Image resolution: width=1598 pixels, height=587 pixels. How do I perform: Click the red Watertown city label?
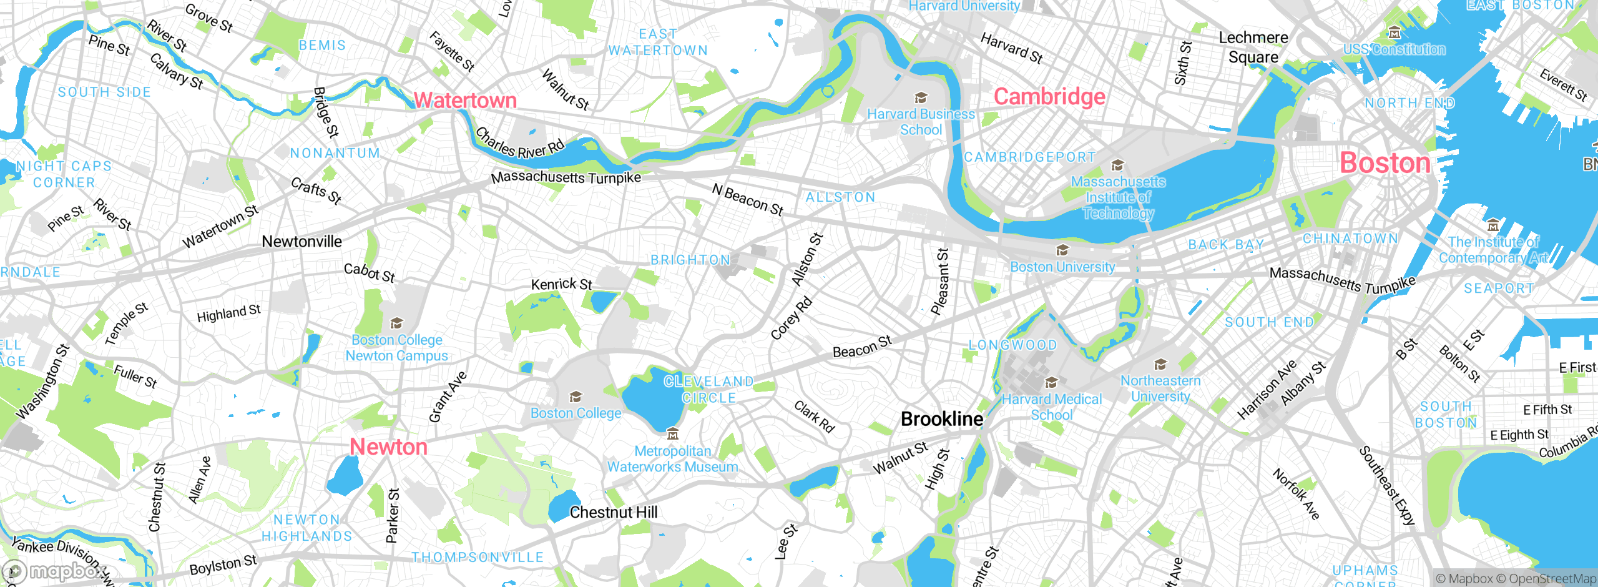(465, 100)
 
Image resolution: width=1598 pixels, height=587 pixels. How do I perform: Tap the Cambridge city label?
(1049, 97)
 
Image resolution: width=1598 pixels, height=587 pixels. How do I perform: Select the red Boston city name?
(1385, 163)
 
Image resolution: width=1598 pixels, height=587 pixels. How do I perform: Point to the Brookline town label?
(941, 418)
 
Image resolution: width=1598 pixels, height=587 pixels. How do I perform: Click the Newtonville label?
(301, 242)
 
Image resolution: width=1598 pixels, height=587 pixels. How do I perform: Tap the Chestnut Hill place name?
(613, 512)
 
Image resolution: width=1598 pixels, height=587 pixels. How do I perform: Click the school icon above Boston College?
(576, 397)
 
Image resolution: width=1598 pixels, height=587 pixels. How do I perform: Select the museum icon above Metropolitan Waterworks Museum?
(672, 433)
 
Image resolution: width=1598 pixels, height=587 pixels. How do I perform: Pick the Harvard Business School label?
(921, 122)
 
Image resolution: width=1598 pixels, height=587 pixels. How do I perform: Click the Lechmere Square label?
(1253, 47)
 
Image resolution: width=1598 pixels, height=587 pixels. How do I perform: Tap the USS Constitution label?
(1394, 49)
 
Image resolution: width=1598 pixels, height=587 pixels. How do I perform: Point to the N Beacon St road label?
(747, 199)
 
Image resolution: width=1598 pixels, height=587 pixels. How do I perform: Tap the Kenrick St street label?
(561, 284)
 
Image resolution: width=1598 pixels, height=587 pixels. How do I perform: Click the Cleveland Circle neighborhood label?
(708, 390)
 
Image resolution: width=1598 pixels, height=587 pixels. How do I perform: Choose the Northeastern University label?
(1160, 388)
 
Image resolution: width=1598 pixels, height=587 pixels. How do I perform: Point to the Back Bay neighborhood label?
(1225, 245)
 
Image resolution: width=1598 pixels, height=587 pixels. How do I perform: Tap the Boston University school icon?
(1062, 250)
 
